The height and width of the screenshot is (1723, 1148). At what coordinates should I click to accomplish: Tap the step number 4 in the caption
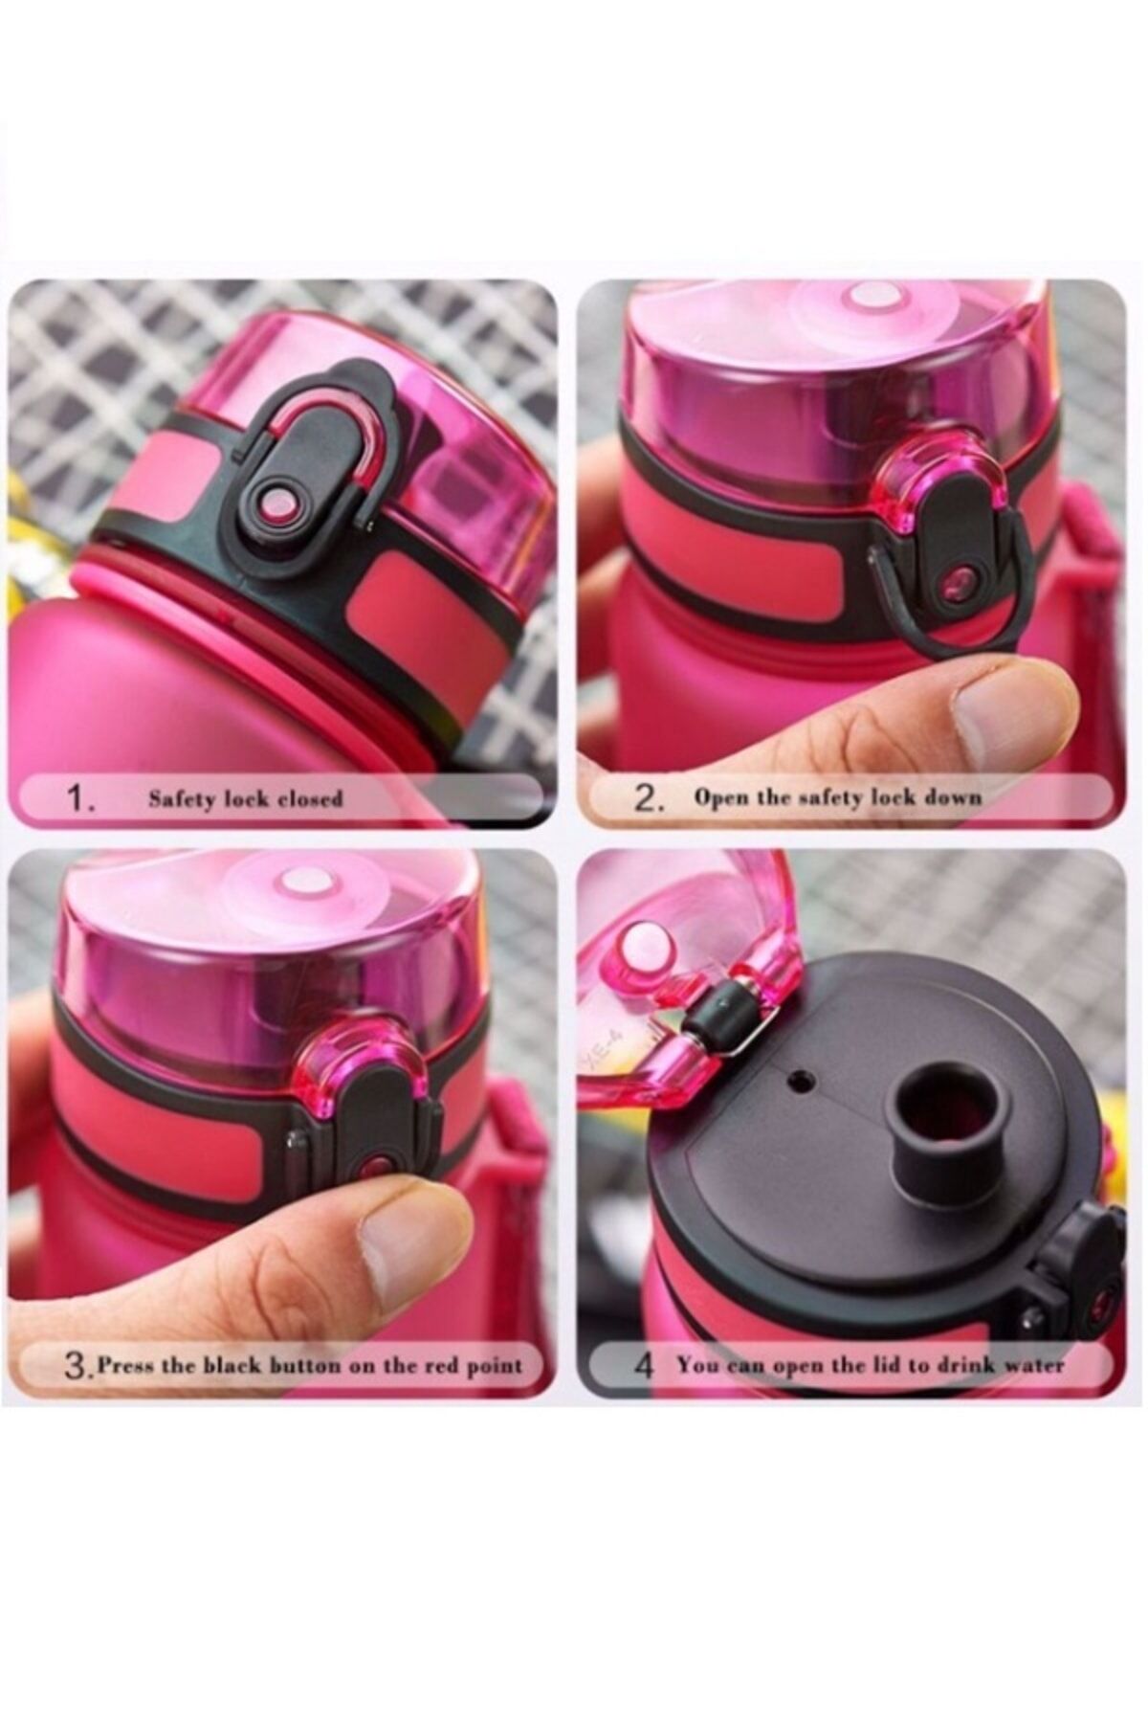[x=644, y=1366]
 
